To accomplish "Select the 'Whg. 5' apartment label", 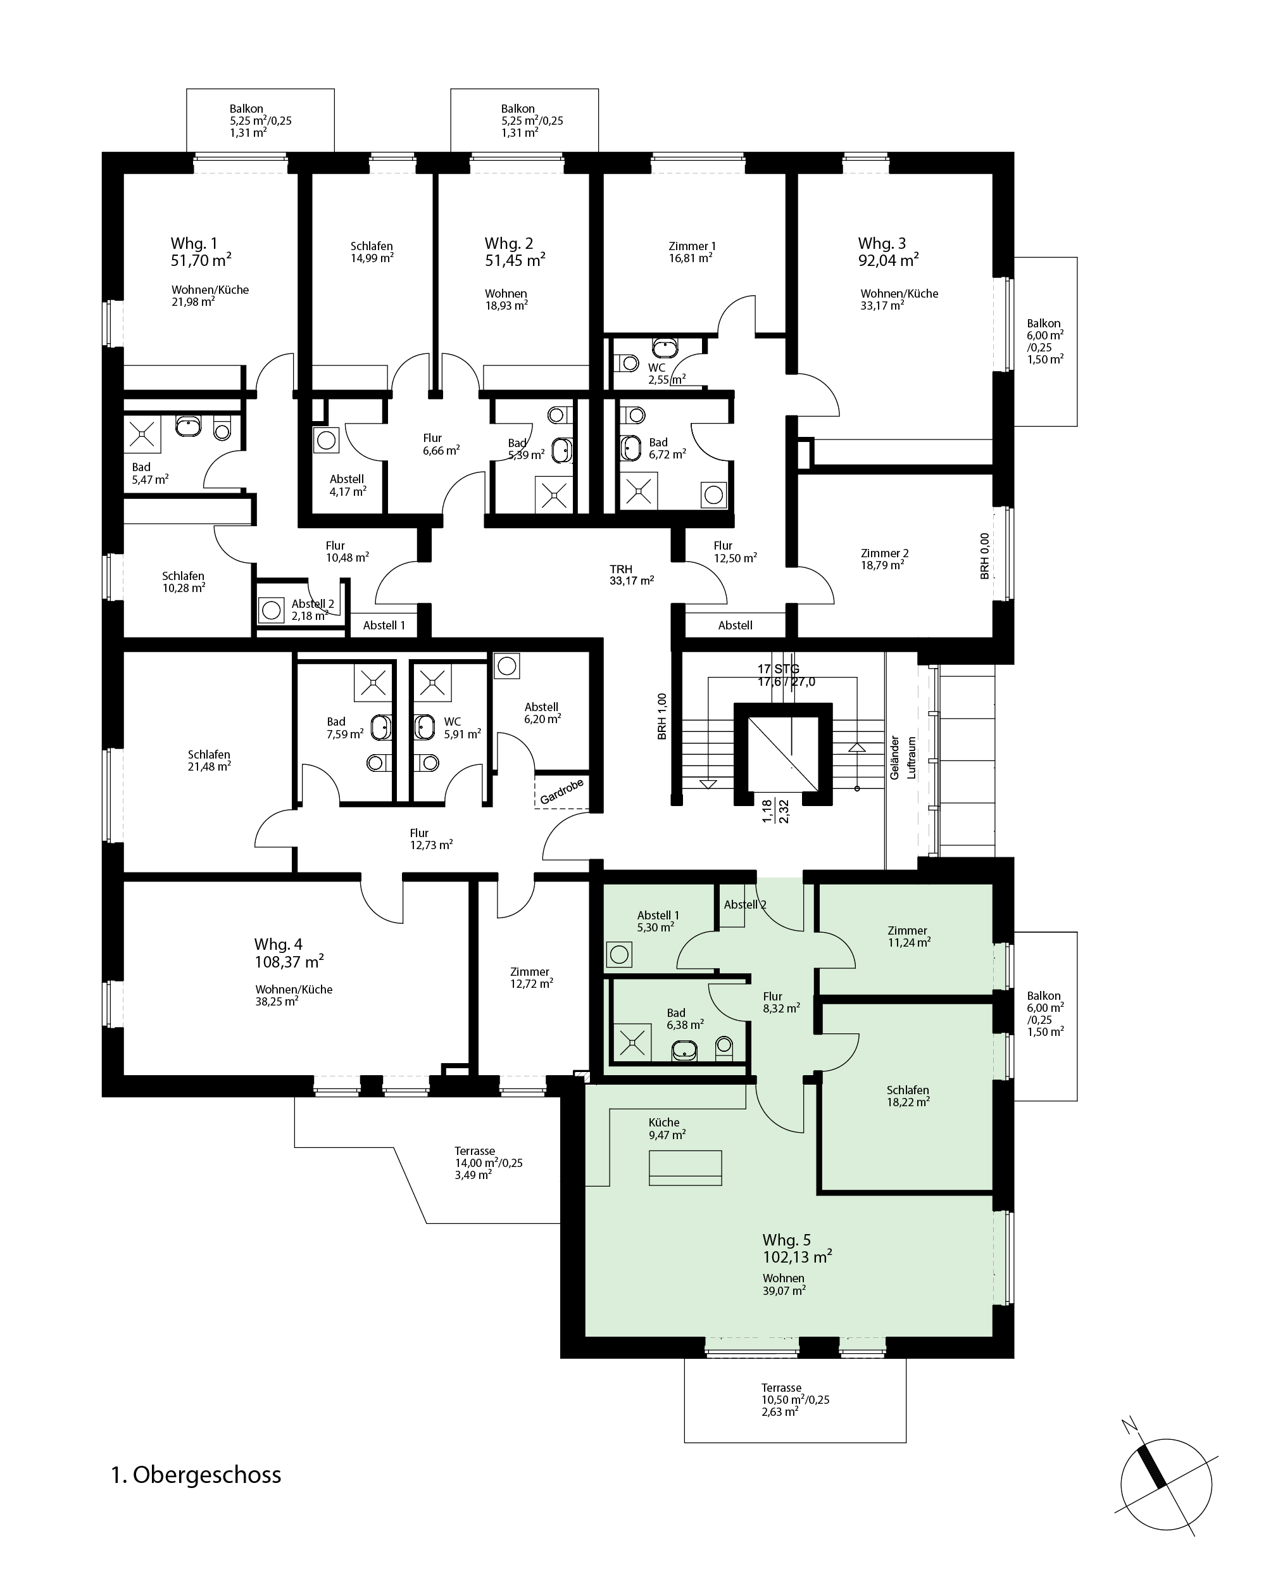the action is (787, 1240).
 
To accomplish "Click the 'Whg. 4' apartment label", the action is (278, 944).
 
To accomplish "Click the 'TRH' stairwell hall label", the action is (621, 569).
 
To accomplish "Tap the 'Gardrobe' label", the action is (561, 791).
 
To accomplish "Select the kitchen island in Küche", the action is (686, 1168).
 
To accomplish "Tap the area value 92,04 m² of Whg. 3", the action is (888, 260).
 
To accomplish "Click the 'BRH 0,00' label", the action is (985, 556).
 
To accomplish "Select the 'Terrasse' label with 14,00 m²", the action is (475, 1151).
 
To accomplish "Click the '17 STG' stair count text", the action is (779, 669).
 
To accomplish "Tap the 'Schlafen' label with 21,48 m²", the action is (209, 754).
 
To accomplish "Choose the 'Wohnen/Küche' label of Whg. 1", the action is (211, 290).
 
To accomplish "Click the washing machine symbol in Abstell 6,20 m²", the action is (507, 666).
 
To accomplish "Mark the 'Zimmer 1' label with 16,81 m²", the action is (692, 246).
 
